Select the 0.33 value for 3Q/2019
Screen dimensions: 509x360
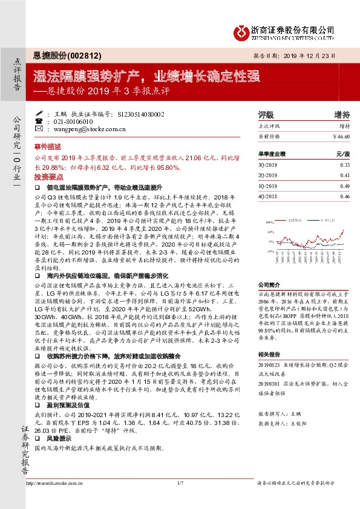pyautogui.click(x=345, y=165)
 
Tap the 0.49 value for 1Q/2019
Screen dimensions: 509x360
pyautogui.click(x=345, y=186)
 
